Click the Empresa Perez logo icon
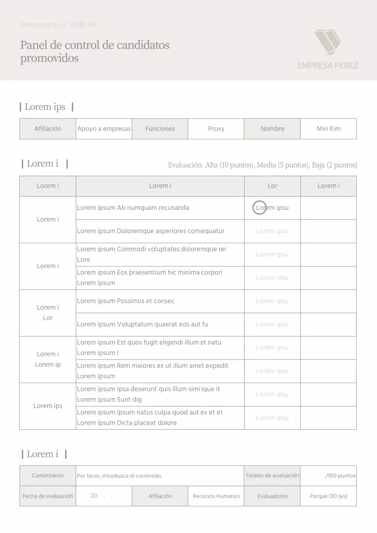tap(327, 42)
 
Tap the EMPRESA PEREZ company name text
tap(327, 65)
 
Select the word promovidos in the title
tap(49, 58)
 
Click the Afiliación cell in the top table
tap(47, 129)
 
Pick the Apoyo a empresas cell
tap(104, 129)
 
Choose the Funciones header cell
tap(160, 129)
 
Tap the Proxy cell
tap(216, 129)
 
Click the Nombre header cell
tap(272, 129)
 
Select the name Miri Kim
tap(328, 129)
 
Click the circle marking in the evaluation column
tap(260, 207)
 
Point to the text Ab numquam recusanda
tap(153, 208)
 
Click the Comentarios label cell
tap(47, 476)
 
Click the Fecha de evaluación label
tap(47, 496)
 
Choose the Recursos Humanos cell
tap(216, 496)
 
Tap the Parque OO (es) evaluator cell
tap(328, 496)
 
